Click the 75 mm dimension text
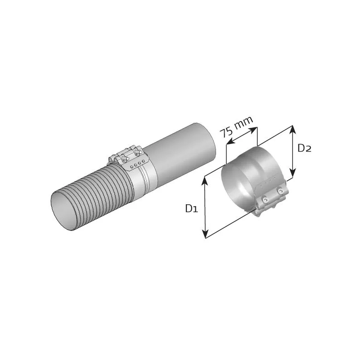(x=237, y=127)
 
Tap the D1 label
(x=191, y=208)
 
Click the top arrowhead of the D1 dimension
(x=206, y=179)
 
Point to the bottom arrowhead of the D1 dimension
(x=206, y=235)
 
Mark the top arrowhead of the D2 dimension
(x=293, y=129)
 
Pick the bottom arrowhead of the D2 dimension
(x=293, y=175)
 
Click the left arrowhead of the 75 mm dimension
(x=227, y=143)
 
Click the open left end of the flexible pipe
(x=63, y=209)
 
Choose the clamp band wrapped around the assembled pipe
(x=142, y=178)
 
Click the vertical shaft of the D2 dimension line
(x=293, y=152)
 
